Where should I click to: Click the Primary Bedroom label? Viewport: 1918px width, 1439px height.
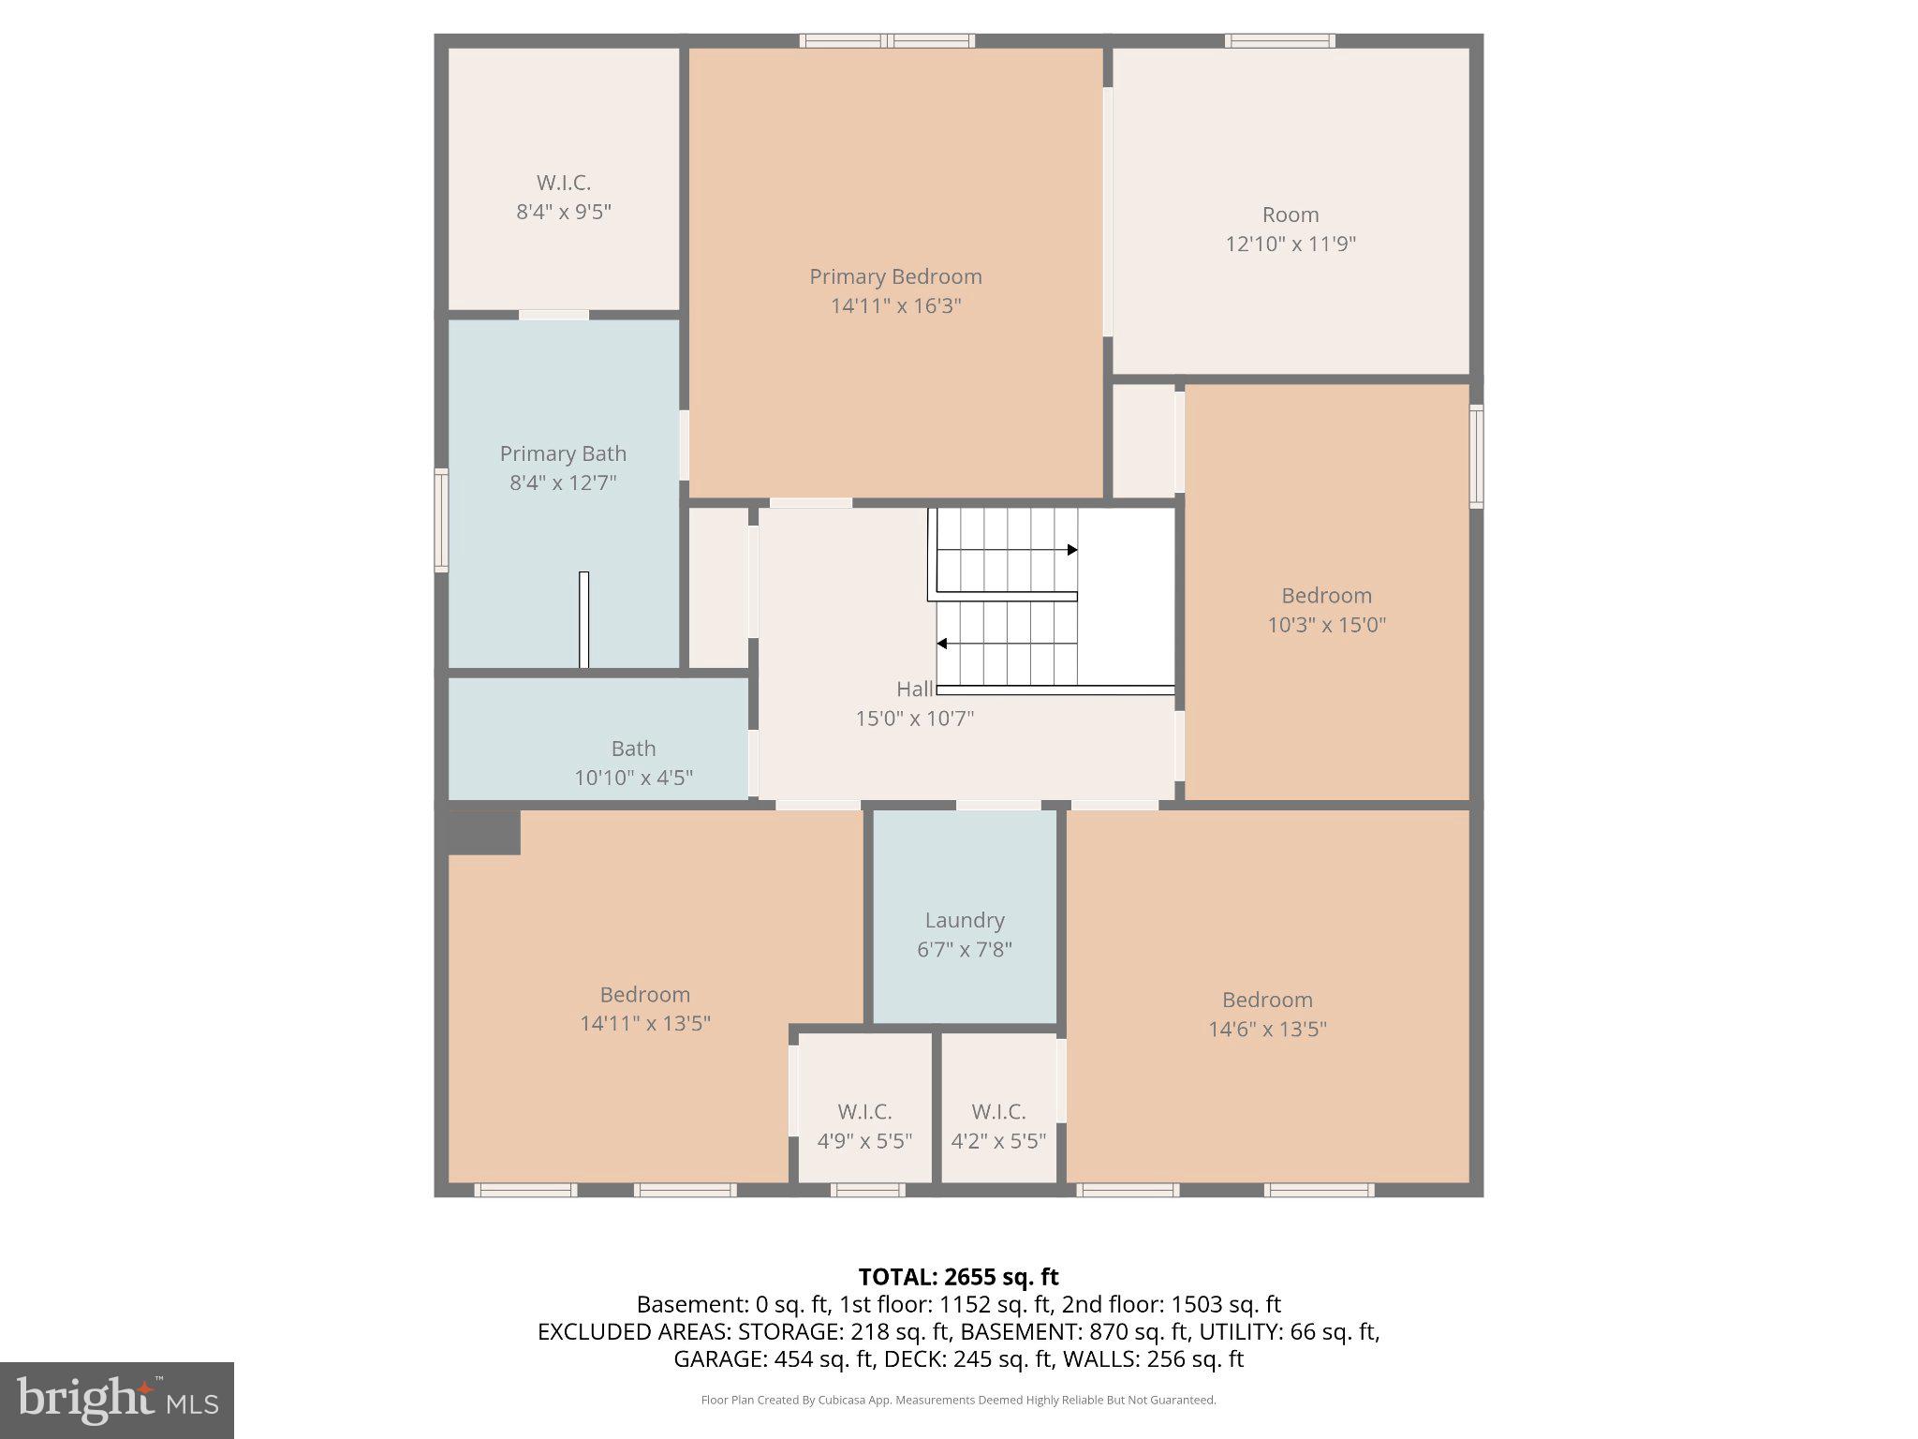point(895,277)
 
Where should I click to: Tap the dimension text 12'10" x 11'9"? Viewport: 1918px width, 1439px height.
point(1291,245)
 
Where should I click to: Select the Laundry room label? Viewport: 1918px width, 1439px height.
point(965,921)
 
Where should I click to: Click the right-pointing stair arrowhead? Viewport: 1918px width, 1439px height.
point(1072,550)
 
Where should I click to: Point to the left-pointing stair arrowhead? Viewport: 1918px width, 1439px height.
point(942,644)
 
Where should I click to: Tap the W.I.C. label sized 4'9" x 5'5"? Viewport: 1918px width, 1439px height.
point(864,1112)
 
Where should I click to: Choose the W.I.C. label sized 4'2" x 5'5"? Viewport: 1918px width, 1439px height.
point(998,1112)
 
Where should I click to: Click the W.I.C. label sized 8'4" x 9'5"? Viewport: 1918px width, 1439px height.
point(564,184)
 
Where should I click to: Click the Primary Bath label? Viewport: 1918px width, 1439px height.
point(563,454)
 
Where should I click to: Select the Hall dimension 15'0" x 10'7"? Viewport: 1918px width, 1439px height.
point(914,719)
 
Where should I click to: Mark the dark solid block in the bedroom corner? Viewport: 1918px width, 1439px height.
point(483,832)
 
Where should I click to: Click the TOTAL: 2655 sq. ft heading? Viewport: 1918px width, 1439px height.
point(958,1277)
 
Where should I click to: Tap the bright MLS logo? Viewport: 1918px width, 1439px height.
point(116,1400)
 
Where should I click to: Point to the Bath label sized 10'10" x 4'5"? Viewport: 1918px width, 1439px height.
point(633,749)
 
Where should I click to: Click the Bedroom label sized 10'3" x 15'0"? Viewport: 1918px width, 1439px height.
point(1326,596)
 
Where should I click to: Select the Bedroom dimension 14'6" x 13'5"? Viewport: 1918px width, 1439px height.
point(1267,1030)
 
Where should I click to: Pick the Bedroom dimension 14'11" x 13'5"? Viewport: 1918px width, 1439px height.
point(644,1024)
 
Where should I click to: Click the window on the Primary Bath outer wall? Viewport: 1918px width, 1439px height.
point(441,520)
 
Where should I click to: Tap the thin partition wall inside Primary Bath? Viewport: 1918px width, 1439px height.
point(583,619)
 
